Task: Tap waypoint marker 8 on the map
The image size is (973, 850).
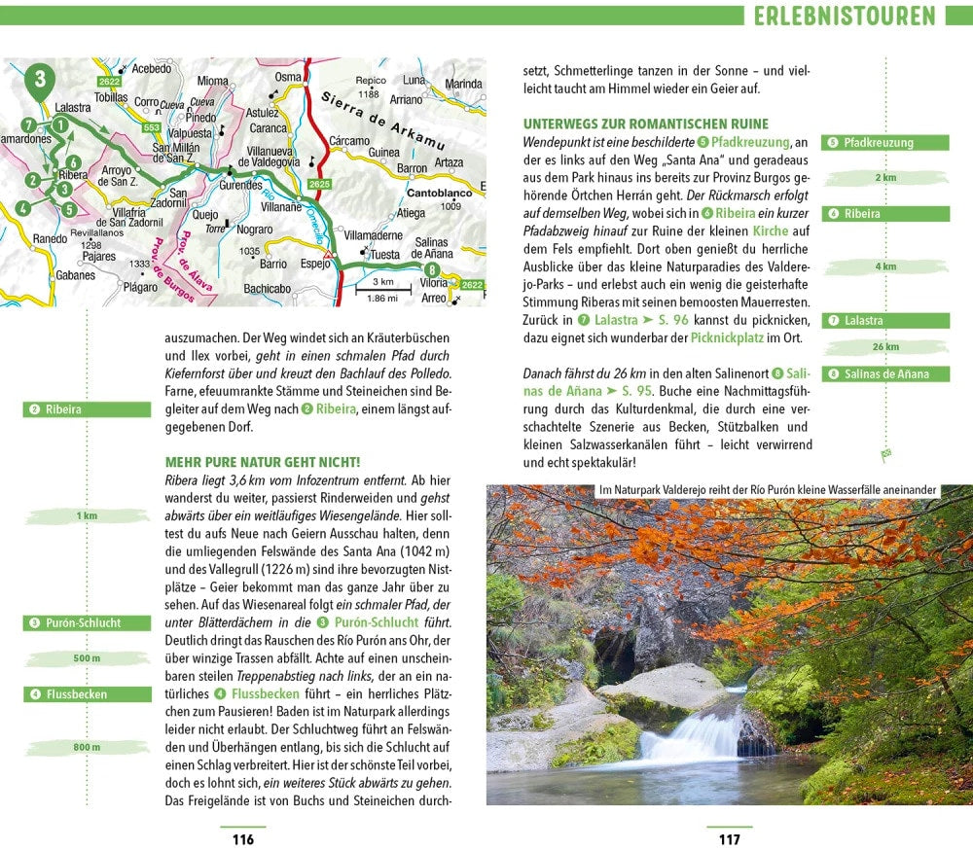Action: click(432, 271)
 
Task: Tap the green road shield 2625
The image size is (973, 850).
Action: click(319, 184)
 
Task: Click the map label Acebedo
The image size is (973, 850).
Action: click(151, 69)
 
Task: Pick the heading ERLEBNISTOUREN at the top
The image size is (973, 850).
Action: click(844, 16)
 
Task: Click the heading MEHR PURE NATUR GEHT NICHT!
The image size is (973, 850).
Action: click(263, 462)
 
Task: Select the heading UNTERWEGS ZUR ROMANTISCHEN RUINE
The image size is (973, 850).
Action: click(645, 124)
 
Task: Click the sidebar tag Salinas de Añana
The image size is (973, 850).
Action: click(885, 373)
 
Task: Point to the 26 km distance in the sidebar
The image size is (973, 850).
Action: click(885, 347)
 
